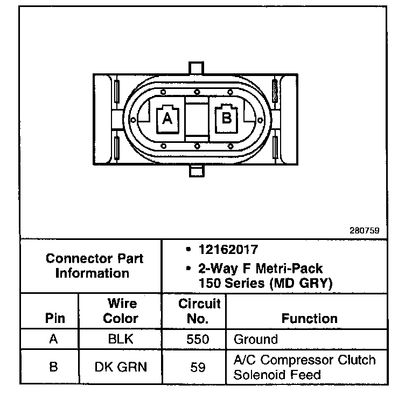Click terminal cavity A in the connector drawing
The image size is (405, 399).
(x=167, y=119)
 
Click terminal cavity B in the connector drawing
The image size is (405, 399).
(x=226, y=117)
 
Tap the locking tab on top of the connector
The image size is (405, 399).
(x=197, y=68)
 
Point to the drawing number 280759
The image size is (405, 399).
(x=365, y=230)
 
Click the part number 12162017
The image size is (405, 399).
(x=227, y=250)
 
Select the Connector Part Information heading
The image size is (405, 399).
(x=94, y=265)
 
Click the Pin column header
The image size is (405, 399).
(x=53, y=318)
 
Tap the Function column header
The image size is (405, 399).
(x=309, y=318)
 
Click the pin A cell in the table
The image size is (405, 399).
(x=53, y=340)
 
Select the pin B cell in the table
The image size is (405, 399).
(x=53, y=367)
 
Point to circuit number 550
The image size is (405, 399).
(x=198, y=340)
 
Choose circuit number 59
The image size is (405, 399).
(x=198, y=367)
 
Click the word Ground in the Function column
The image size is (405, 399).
(x=256, y=340)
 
